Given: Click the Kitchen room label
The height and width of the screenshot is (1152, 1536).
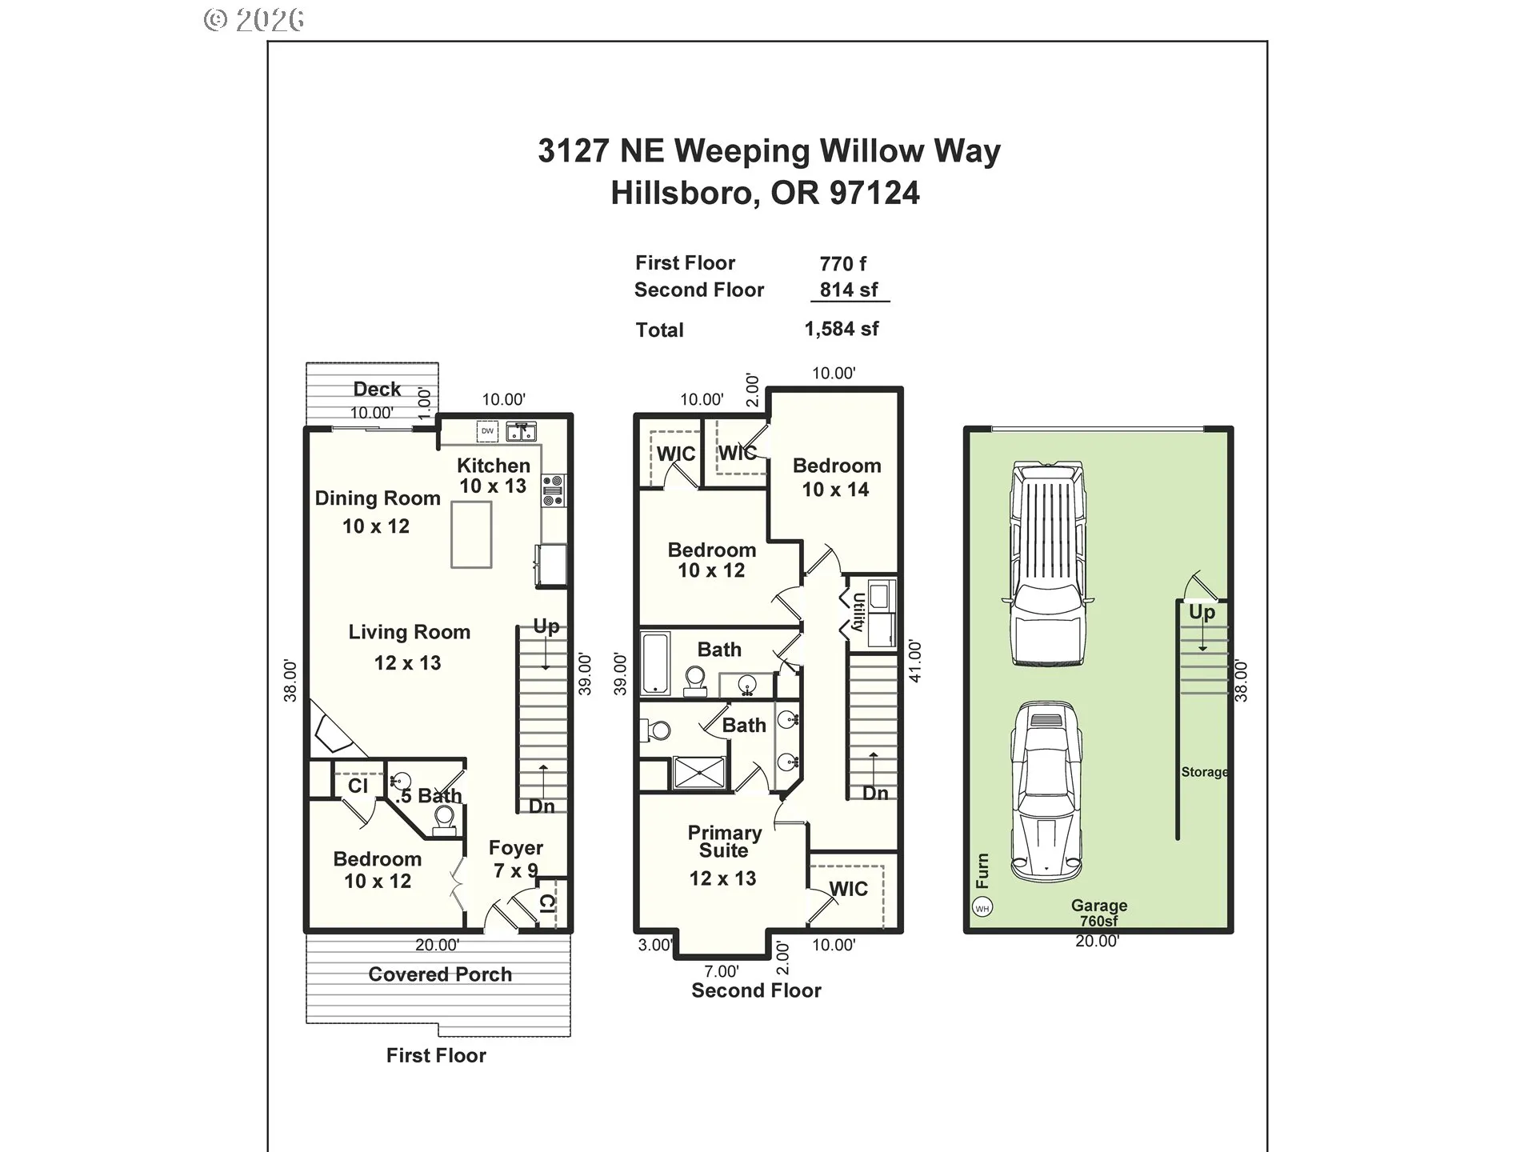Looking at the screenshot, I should click(x=493, y=475).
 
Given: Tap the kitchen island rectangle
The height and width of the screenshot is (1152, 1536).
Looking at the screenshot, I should click(x=471, y=534).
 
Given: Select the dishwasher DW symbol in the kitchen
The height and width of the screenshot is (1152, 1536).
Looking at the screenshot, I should click(x=487, y=431).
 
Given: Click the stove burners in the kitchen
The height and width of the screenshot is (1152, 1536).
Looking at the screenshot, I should click(x=553, y=490).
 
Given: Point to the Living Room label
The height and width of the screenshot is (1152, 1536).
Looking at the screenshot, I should click(x=409, y=632).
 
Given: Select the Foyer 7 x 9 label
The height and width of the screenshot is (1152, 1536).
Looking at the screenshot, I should click(x=516, y=858).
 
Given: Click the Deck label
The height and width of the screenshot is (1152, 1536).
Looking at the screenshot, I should click(x=377, y=389).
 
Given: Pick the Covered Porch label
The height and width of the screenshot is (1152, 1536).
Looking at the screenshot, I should click(x=440, y=974).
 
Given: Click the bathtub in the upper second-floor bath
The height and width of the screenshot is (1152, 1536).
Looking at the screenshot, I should click(x=655, y=663).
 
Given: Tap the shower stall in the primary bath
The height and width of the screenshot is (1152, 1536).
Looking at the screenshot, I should click(x=700, y=773).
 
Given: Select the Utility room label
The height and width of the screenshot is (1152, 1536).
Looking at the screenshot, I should click(x=858, y=612).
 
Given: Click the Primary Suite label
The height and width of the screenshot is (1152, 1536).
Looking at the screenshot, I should click(x=724, y=842).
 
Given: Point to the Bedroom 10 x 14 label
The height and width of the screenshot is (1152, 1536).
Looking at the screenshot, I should click(x=836, y=478).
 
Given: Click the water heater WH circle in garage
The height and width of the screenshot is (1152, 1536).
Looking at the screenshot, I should click(x=982, y=908).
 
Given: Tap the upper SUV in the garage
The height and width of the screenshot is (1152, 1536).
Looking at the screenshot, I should click(x=1049, y=563).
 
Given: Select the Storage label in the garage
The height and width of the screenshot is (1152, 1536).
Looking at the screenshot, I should click(x=1204, y=772).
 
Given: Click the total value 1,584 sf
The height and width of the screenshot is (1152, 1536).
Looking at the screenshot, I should click(x=842, y=329).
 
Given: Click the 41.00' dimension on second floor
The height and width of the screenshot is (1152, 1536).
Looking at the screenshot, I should click(x=915, y=661).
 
